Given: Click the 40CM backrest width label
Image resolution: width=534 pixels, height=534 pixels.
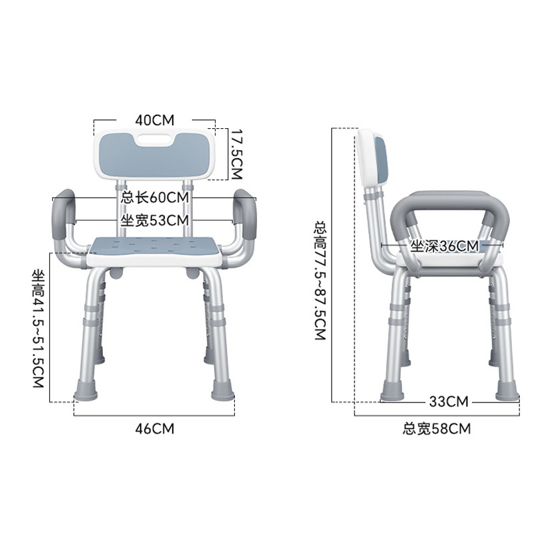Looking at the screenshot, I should point(154,120).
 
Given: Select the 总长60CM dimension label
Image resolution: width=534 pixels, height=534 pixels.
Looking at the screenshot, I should point(155,198).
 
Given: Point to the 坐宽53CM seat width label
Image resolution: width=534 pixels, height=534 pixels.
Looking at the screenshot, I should point(155,220).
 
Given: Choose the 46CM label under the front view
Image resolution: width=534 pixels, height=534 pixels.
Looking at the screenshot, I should point(154,429).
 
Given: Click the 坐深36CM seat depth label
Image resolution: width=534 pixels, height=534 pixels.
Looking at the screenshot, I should point(445,246).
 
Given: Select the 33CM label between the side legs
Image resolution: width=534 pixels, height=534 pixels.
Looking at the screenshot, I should point(449,401).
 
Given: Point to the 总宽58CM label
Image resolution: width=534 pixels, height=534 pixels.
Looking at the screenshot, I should point(437,429).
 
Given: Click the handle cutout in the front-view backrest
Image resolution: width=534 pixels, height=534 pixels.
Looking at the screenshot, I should point(154,141).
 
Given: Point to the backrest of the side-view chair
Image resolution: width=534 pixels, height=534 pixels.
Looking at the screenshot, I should point(371,157).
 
